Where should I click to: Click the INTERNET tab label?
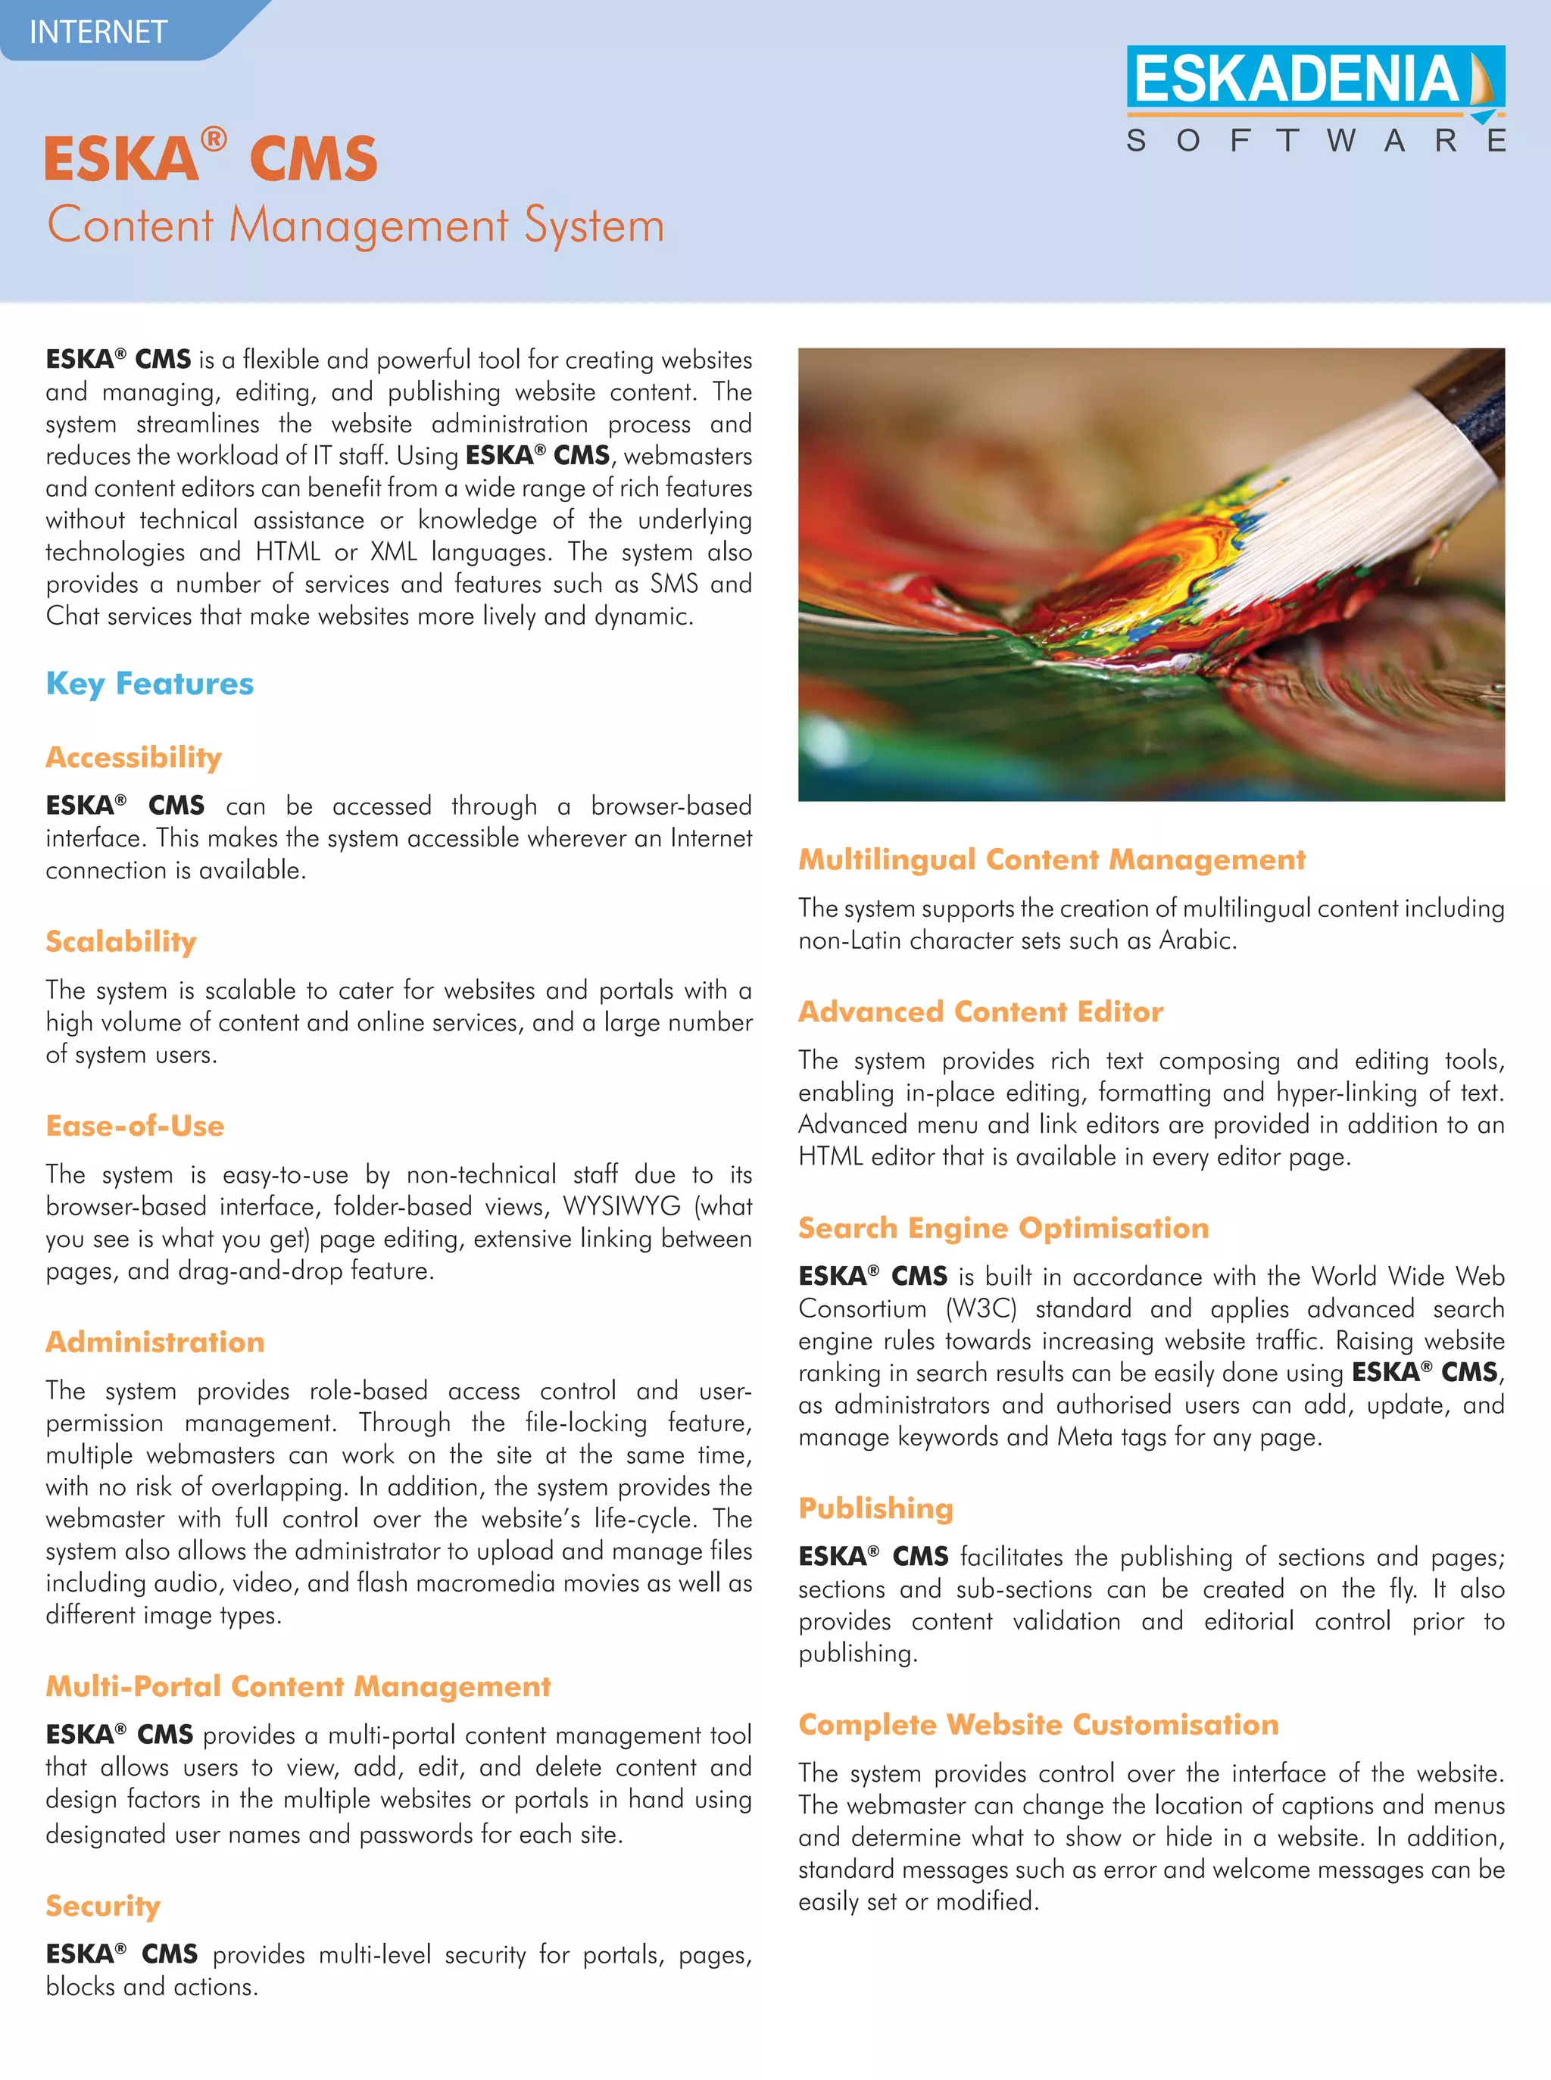[98, 32]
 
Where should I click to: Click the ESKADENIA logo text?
[1296, 79]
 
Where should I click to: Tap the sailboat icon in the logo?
[1481, 79]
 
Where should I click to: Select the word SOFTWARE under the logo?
[1315, 141]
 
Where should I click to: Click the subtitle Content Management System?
[356, 226]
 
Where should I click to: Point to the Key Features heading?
[149, 683]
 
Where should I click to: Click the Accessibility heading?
[133, 756]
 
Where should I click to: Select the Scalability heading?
[121, 940]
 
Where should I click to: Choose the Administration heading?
[155, 1341]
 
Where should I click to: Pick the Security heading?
[103, 1905]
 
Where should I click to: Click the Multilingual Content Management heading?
[1051, 859]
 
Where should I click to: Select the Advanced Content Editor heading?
[980, 1011]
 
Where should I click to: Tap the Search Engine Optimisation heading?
[1003, 1227]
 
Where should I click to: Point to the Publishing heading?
[875, 1508]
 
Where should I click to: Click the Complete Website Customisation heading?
[1038, 1724]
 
